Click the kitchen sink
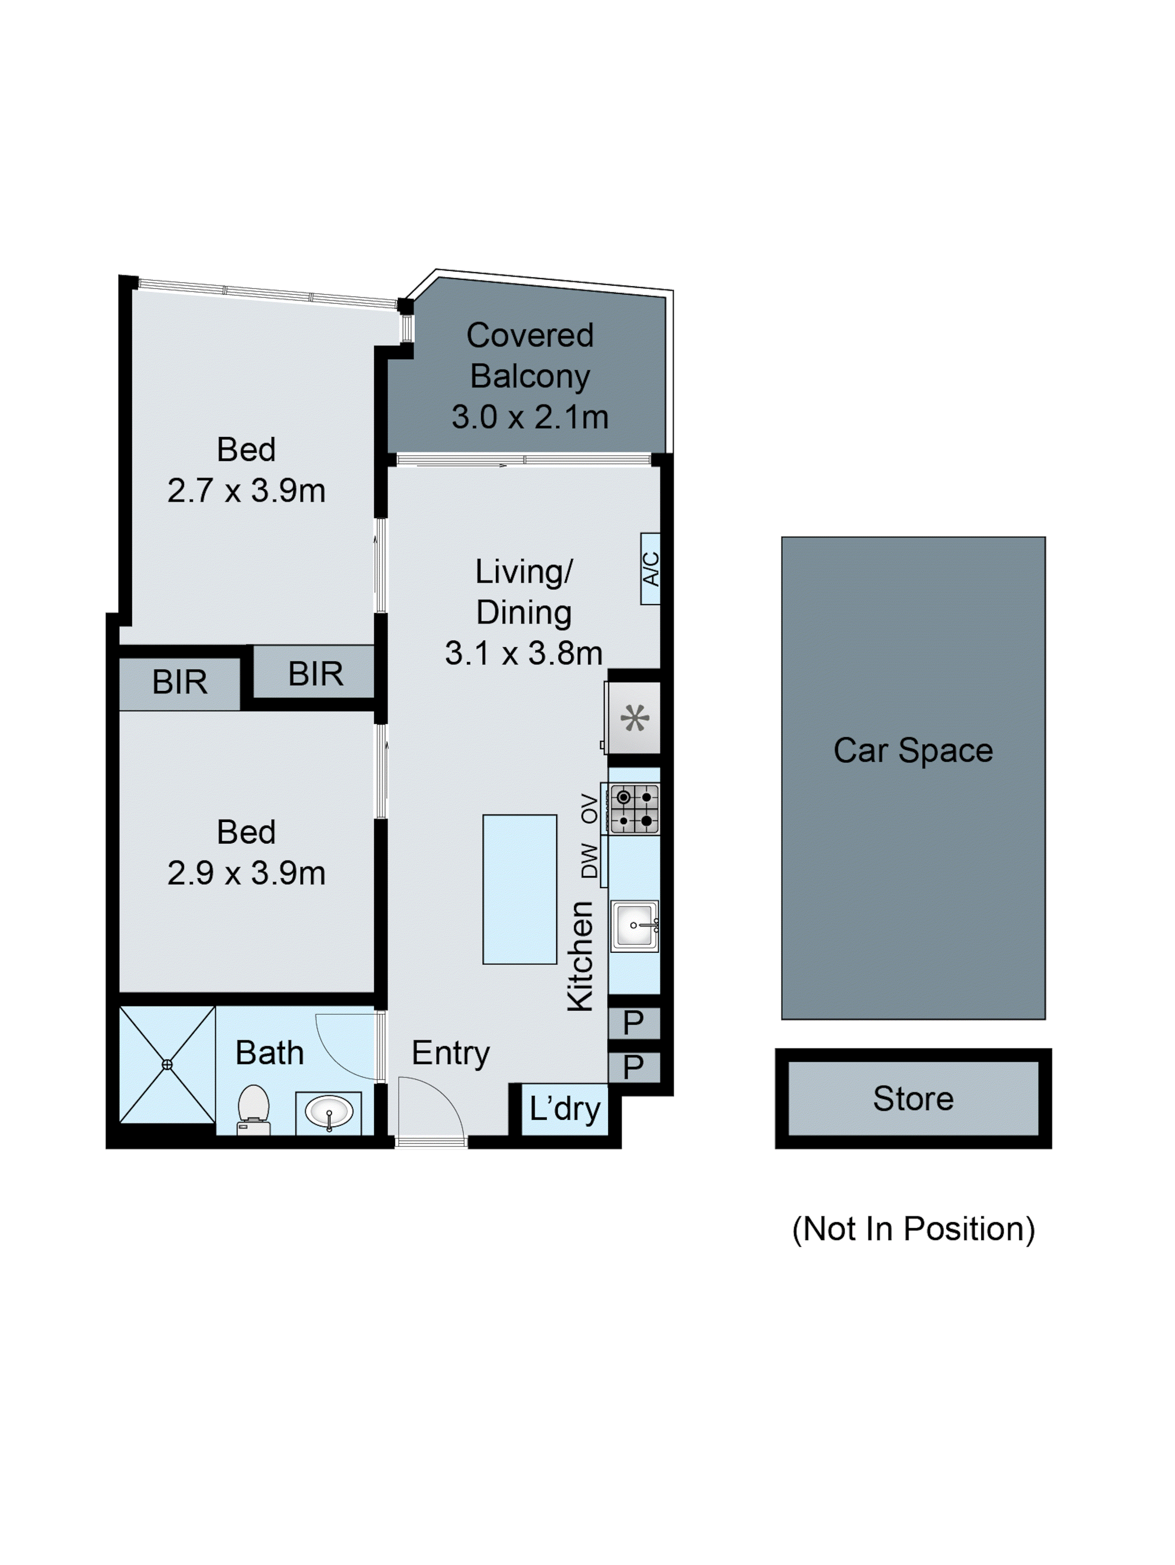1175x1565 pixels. tap(634, 925)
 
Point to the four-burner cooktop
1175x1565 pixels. tap(634, 809)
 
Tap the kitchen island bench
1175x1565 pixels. tap(519, 889)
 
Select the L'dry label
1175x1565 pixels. tap(564, 1109)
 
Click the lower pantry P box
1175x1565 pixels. tap(634, 1067)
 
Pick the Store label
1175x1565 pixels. tap(912, 1099)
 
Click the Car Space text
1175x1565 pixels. tap(912, 750)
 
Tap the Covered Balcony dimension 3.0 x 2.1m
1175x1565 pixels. tap(530, 417)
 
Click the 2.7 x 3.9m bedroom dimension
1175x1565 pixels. tap(246, 490)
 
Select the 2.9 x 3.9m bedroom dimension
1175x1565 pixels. tap(246, 872)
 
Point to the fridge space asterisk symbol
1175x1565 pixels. tap(634, 718)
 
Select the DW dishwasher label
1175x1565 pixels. tap(589, 860)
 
